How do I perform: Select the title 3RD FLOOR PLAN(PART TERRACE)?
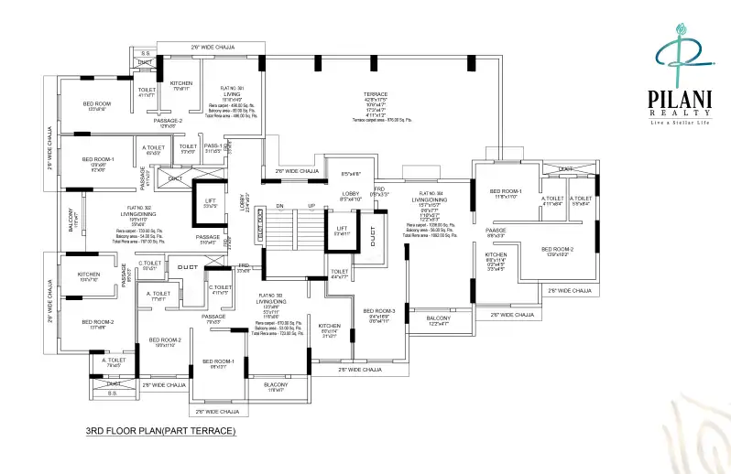(160, 429)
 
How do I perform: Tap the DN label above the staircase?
(279, 205)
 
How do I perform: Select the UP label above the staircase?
(311, 205)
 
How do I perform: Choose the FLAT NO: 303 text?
(269, 296)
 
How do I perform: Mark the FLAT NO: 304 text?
(431, 194)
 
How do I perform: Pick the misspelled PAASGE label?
(496, 230)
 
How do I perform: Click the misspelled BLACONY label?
(276, 384)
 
